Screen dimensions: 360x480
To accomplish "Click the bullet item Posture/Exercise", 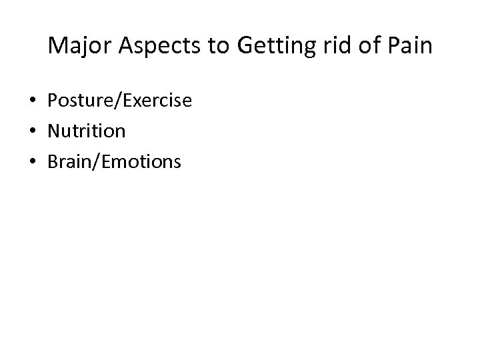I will click(x=119, y=101).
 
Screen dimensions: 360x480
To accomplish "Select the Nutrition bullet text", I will click(x=86, y=131).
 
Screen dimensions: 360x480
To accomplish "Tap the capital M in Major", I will click(x=57, y=46).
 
